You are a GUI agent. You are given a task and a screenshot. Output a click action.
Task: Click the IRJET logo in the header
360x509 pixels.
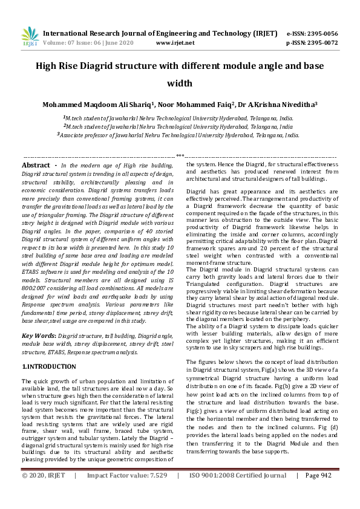click(x=30, y=37)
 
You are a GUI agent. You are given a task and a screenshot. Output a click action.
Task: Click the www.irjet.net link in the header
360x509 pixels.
click(x=175, y=43)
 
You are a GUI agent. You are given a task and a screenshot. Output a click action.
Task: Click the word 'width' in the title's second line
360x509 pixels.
click(x=180, y=83)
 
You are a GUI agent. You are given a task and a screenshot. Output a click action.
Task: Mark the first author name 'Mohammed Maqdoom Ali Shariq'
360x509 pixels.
click(x=99, y=104)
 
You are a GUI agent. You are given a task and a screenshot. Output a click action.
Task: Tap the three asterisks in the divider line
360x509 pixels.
click(x=180, y=156)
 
